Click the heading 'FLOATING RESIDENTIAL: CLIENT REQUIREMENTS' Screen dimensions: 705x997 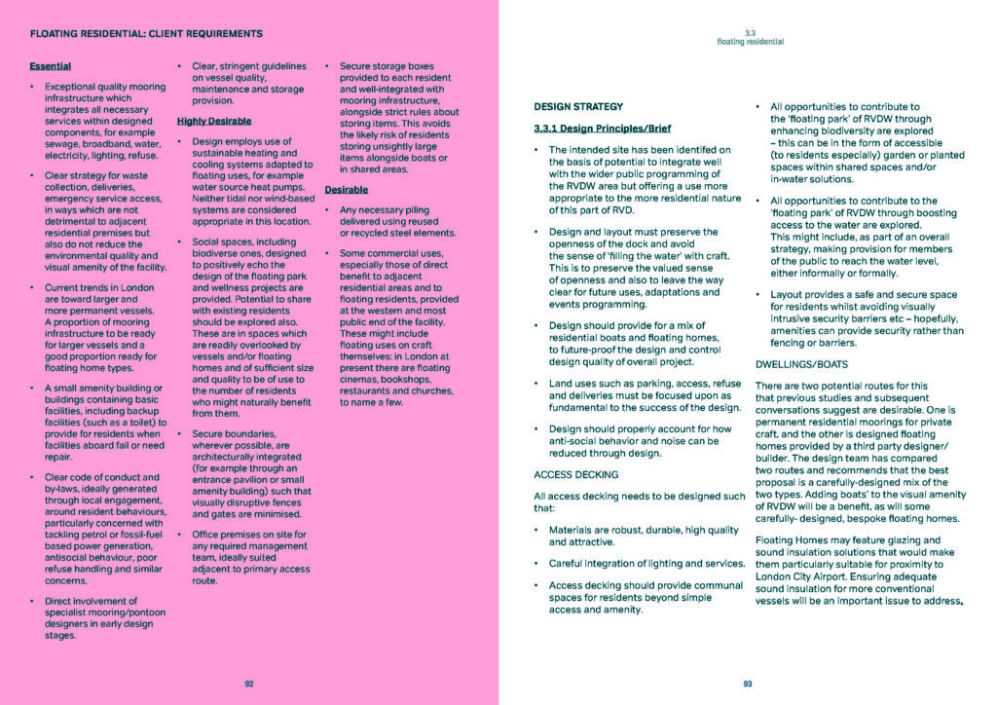coord(146,33)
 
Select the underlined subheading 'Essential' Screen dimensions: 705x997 coord(51,66)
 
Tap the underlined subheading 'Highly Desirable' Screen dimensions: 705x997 coord(213,122)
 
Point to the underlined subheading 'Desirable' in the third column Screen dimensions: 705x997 coord(346,189)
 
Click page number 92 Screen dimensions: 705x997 coord(249,684)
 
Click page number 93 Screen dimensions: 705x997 coord(748,684)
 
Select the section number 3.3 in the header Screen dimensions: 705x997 coord(750,33)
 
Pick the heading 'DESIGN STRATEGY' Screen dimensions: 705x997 coord(578,106)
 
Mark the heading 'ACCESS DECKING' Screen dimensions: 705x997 coord(575,474)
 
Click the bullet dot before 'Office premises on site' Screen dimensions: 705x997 coord(181,535)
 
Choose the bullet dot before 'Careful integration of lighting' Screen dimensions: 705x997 coord(538,564)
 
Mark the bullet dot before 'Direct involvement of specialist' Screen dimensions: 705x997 coord(34,601)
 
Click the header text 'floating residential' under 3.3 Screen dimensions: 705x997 coord(750,43)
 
